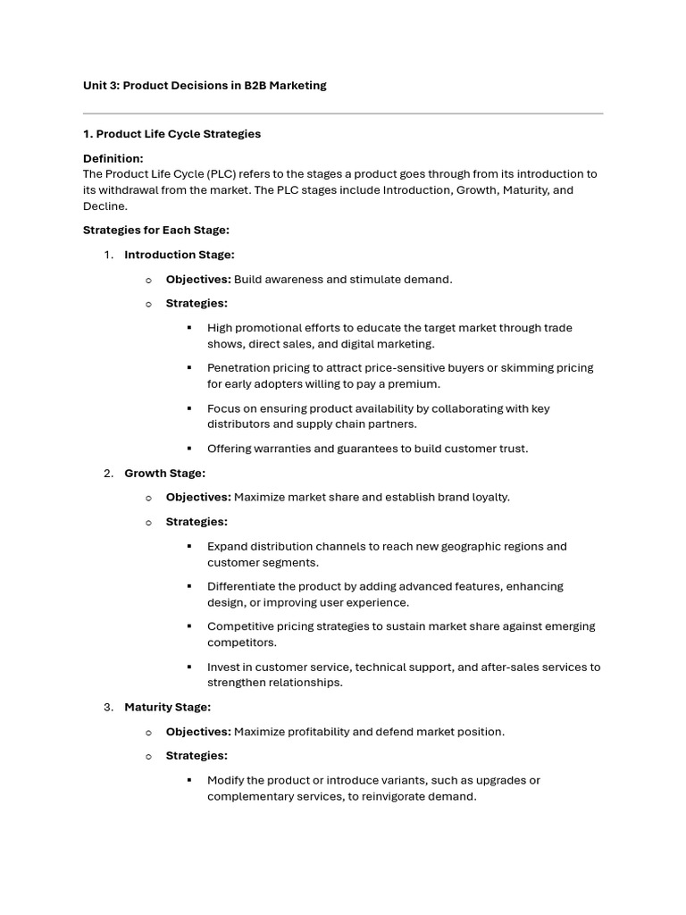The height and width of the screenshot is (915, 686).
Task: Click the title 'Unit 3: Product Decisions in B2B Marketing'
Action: (x=205, y=86)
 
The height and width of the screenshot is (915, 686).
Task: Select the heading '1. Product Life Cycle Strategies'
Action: (x=171, y=134)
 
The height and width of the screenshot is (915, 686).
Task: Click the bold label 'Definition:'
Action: (x=113, y=158)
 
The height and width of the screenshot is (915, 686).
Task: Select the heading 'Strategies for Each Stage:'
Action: (x=155, y=231)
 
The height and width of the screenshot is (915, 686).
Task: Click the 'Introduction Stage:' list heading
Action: (x=179, y=255)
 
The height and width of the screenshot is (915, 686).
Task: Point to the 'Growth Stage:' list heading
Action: (x=164, y=474)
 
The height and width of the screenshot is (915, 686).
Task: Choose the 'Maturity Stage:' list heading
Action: (x=167, y=708)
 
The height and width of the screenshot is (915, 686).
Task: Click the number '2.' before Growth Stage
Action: (x=108, y=474)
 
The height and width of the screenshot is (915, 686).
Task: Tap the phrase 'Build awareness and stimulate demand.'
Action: (x=343, y=280)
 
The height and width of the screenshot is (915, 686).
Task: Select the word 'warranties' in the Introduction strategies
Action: (x=280, y=449)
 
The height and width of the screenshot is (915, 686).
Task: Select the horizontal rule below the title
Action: (x=343, y=113)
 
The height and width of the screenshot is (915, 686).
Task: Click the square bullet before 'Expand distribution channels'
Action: (x=189, y=546)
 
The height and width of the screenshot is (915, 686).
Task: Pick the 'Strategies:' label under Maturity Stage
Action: (x=197, y=756)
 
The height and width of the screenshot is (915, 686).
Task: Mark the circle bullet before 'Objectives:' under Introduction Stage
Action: (x=148, y=280)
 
